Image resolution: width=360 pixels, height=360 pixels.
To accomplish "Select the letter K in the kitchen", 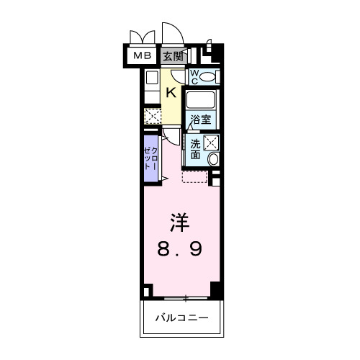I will click(171, 91).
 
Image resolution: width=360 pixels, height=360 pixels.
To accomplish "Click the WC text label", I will click(194, 76).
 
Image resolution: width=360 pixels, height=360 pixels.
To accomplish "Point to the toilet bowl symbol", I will click(208, 76).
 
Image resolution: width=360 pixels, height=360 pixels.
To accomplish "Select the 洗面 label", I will click(196, 148).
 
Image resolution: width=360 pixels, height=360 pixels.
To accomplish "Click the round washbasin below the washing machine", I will click(213, 158).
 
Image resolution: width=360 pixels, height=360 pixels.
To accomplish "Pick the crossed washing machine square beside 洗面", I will click(212, 142).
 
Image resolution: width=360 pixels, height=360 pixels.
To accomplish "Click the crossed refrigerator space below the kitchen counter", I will click(151, 116).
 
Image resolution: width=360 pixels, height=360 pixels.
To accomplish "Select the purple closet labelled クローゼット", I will click(151, 157).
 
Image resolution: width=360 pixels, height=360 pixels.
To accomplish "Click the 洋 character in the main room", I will click(181, 220).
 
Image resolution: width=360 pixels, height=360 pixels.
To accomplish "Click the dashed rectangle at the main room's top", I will click(194, 177).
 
